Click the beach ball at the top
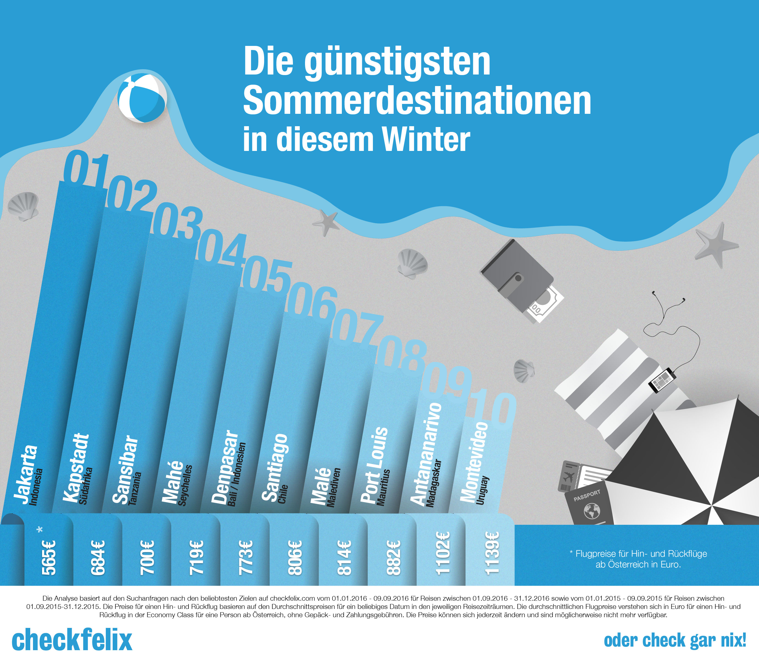coord(142,98)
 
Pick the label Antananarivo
coord(426,454)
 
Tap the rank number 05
coord(267,274)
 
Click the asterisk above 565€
coord(40,529)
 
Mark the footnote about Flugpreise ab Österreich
coord(638,559)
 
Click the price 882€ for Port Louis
coord(393,558)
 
